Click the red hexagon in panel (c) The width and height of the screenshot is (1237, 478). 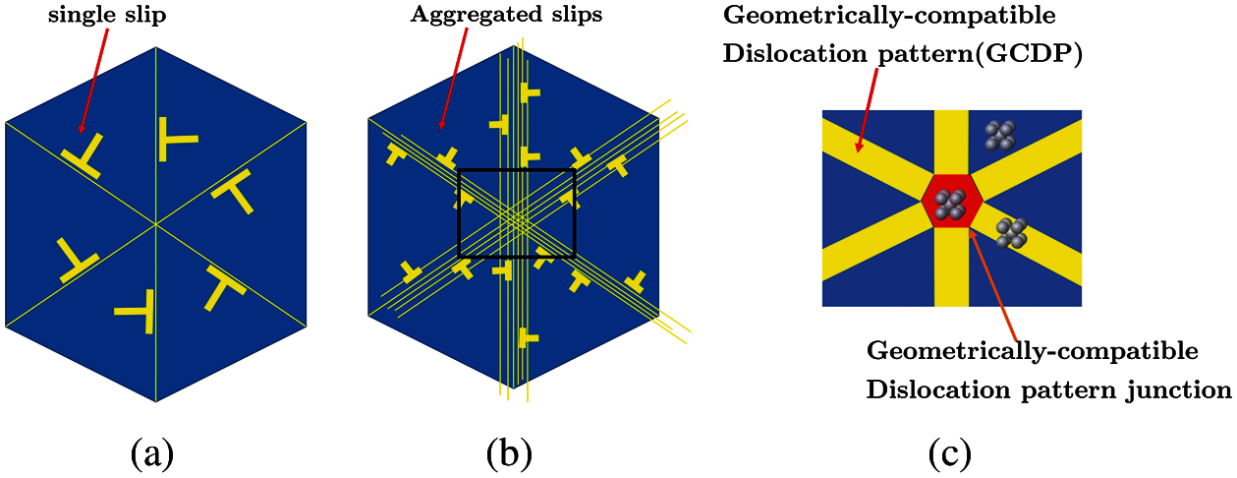coord(952,203)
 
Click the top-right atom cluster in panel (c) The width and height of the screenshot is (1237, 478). coord(999,135)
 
